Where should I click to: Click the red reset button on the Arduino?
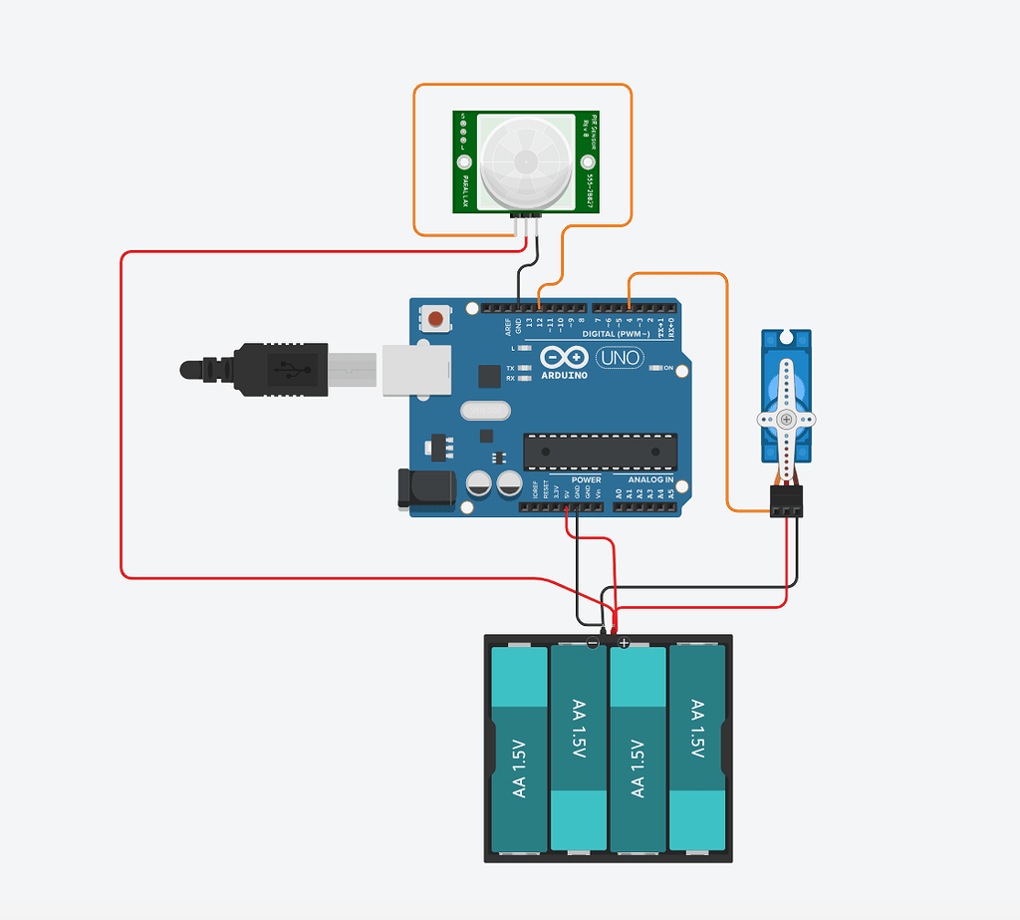[436, 319]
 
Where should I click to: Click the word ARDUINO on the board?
[565, 376]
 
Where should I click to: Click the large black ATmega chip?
[601, 452]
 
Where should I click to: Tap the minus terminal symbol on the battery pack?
[593, 644]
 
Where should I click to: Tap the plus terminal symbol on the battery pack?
[625, 644]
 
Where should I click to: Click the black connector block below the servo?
[786, 501]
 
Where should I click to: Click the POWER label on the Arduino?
[586, 479]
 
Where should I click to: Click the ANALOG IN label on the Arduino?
[650, 479]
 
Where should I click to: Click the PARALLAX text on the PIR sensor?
[464, 189]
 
